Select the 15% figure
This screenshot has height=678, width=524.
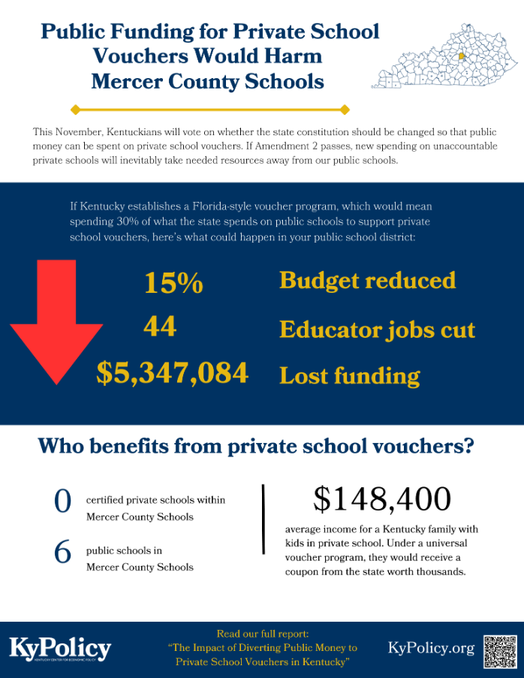[173, 283]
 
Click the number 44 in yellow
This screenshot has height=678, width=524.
[160, 327]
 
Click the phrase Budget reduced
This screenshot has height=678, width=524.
[367, 281]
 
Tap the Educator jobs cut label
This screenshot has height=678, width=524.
[377, 329]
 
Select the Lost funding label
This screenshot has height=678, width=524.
[349, 375]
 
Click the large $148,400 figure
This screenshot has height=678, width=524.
[381, 499]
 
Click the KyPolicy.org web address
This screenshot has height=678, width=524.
[431, 648]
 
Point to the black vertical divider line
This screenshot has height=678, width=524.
[264, 518]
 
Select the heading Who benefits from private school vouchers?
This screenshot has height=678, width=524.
[256, 446]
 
